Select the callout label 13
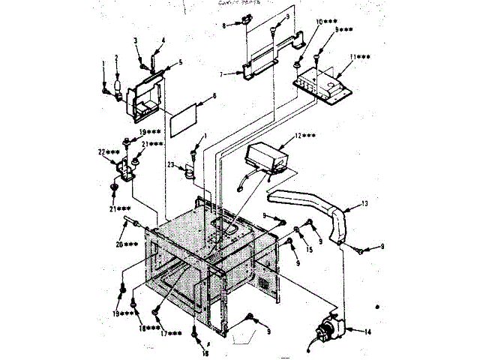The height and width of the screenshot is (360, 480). pyautogui.click(x=364, y=204)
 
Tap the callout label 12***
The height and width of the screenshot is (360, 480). pyautogui.click(x=293, y=136)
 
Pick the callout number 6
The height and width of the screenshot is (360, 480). pyautogui.click(x=214, y=97)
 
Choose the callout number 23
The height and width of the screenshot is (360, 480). pyautogui.click(x=171, y=165)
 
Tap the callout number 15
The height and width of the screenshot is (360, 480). pyautogui.click(x=309, y=250)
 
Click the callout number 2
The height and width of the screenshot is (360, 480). pyautogui.click(x=116, y=58)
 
